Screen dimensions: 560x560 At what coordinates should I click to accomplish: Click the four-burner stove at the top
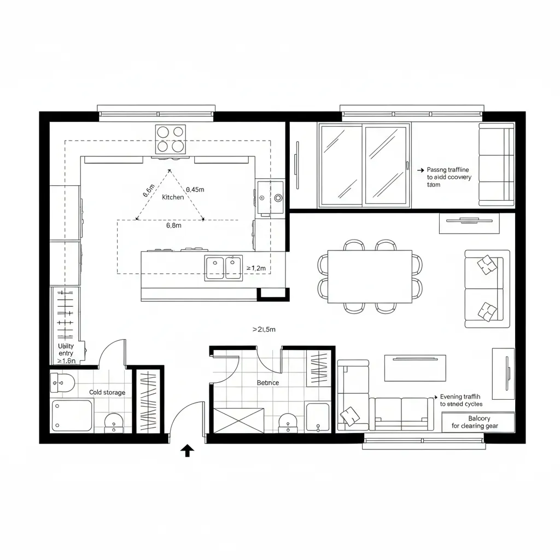171,139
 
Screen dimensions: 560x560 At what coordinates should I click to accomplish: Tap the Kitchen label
173,197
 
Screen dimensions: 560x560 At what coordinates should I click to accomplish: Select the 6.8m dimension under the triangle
173,225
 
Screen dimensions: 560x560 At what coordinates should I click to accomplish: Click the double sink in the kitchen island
224,268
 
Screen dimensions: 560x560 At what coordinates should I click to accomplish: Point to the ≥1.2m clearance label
255,268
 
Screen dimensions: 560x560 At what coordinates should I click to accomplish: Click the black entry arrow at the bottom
187,450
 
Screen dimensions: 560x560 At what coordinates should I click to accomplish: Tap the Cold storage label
107,392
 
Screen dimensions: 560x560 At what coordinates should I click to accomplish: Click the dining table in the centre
370,276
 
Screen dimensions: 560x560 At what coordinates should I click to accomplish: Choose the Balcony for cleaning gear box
478,422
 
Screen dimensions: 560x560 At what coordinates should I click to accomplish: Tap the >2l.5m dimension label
264,329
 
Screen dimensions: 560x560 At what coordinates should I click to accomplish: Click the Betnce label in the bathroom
268,383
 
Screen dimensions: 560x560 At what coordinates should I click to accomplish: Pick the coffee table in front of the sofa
415,367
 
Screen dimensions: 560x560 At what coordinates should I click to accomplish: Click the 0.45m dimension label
195,189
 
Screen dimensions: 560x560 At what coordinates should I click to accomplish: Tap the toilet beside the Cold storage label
62,382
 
